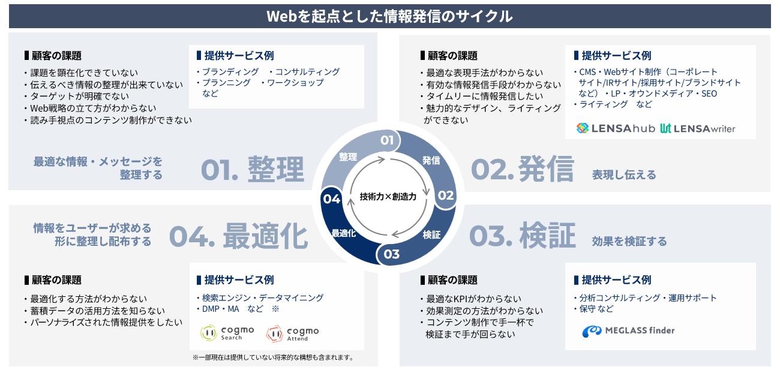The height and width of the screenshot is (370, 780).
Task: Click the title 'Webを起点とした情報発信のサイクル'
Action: coord(389,16)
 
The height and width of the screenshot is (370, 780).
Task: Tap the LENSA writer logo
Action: coord(698,129)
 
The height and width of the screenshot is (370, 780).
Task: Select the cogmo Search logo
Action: coord(227,333)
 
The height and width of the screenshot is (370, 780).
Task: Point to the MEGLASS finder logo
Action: coord(628,330)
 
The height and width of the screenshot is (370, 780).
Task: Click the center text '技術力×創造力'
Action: coord(388,197)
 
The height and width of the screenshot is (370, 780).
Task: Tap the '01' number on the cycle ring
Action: coord(387,140)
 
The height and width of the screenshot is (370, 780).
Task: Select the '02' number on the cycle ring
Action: coord(446,195)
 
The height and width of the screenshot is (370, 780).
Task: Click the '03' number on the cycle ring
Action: coord(391,254)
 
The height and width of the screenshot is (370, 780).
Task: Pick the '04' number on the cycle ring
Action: coord(331,199)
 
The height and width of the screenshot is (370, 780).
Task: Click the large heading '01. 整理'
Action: coord(253,170)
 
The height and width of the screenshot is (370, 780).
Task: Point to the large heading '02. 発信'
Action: coord(522,169)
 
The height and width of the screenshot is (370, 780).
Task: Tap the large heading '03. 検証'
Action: coord(523,236)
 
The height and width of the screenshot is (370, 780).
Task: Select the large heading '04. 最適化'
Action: coord(239,236)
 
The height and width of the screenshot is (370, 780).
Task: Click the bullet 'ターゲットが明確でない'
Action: coord(77,96)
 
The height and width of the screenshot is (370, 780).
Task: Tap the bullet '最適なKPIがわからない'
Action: coord(471,299)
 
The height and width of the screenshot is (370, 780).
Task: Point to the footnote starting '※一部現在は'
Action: coord(274,357)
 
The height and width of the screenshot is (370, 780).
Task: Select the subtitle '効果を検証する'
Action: coord(629,241)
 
